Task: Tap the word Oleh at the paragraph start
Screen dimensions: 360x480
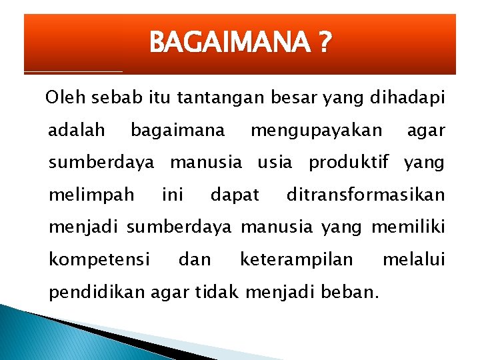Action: pyautogui.click(x=61, y=99)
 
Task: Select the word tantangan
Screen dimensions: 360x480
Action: pyautogui.click(x=223, y=99)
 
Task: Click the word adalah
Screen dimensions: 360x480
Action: pyautogui.click(x=76, y=131)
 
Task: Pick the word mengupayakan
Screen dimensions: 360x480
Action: pyautogui.click(x=316, y=131)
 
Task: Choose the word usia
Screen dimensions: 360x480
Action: pyautogui.click(x=274, y=163)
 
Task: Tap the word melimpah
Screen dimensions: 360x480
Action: pyautogui.click(x=91, y=195)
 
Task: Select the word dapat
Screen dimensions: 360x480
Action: pyautogui.click(x=235, y=195)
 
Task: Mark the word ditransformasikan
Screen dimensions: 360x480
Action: pyautogui.click(x=365, y=195)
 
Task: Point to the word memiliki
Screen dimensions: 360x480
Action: pyautogui.click(x=407, y=227)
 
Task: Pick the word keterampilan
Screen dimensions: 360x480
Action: pyautogui.click(x=296, y=260)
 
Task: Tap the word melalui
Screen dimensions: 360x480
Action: pyautogui.click(x=413, y=259)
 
